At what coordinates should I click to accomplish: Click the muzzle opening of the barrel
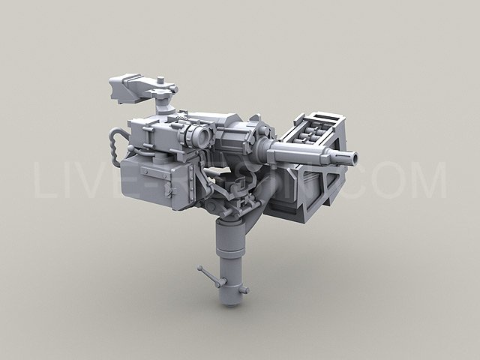(x=351, y=158)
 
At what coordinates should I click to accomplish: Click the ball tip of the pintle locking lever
(x=200, y=268)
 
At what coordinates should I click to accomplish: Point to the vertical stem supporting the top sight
(x=162, y=107)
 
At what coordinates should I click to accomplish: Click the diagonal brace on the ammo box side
(x=319, y=184)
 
